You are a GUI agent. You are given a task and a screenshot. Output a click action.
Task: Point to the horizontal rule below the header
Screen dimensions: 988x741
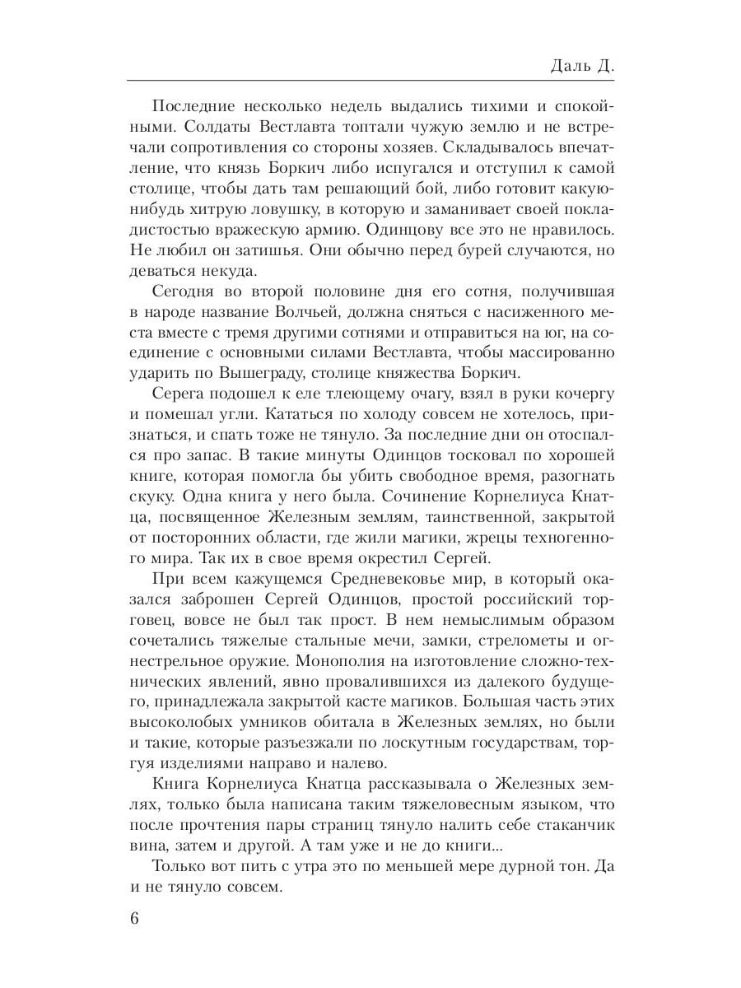click(370, 81)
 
